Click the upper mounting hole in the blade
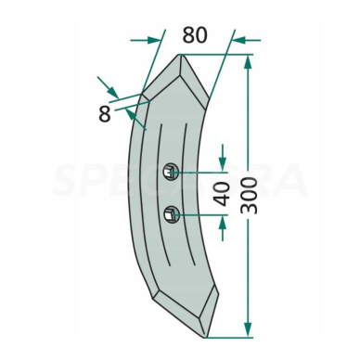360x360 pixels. pos(171,171)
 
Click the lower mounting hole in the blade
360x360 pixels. pos(170,217)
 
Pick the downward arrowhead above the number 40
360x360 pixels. pos(224,164)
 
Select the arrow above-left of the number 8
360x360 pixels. pos(114,93)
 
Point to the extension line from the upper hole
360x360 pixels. pos(199,172)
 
